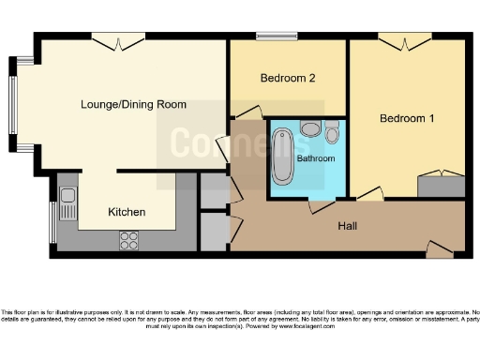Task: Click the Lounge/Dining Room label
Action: [x=133, y=104]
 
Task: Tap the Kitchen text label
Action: [x=127, y=212]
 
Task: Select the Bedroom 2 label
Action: [x=287, y=79]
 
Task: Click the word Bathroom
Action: [x=316, y=158]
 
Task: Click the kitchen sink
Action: [x=67, y=202]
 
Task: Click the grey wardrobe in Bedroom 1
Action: [x=439, y=185]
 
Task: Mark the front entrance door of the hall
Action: [x=438, y=249]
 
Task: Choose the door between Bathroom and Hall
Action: [x=322, y=205]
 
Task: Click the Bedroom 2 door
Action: [x=247, y=113]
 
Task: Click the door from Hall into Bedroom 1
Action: [x=369, y=195]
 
